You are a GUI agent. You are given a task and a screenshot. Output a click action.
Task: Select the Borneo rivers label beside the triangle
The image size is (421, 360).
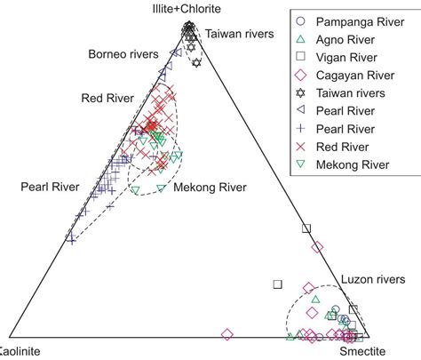(123, 55)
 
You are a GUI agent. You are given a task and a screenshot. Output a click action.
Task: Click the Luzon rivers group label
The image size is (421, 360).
(371, 279)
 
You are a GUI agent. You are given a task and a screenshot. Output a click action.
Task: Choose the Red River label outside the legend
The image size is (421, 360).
(106, 97)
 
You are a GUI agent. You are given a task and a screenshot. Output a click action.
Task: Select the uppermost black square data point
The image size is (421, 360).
(307, 229)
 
